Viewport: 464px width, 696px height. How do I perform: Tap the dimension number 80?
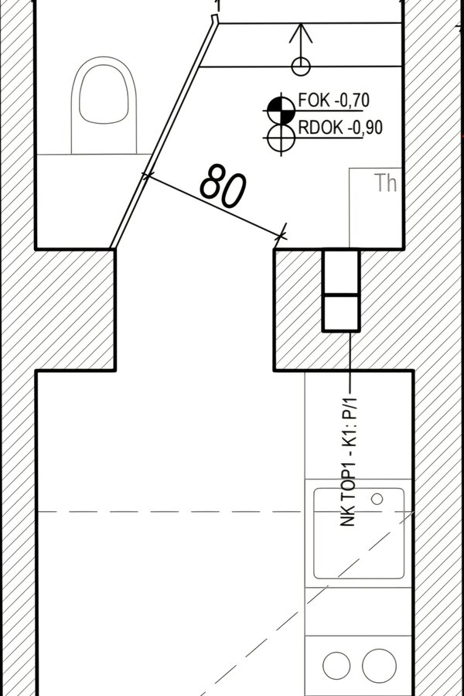coord(223,186)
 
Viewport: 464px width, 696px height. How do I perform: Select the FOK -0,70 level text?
coord(333,101)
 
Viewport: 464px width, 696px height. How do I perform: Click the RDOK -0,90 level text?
coord(340,128)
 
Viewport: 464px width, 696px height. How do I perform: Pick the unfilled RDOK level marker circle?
coord(281,138)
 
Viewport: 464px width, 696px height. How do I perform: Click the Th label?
coord(385,183)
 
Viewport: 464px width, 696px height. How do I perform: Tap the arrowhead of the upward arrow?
coord(301,33)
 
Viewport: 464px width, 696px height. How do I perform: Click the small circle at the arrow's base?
coord(301,67)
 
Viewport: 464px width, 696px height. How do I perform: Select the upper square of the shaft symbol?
coord(341,271)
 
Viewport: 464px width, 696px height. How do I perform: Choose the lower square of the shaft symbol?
coord(341,313)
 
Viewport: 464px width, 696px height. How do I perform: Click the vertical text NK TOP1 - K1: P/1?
coord(349,462)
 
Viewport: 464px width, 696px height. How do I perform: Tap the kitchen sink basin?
coord(359,533)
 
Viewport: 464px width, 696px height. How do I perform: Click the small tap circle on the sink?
coord(377,499)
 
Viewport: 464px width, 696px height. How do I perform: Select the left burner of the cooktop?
coord(336,666)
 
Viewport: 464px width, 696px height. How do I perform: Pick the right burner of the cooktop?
coord(379,666)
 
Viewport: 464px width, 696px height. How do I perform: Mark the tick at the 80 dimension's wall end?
coord(281,234)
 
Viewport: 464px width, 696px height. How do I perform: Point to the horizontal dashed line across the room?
coord(225,512)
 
